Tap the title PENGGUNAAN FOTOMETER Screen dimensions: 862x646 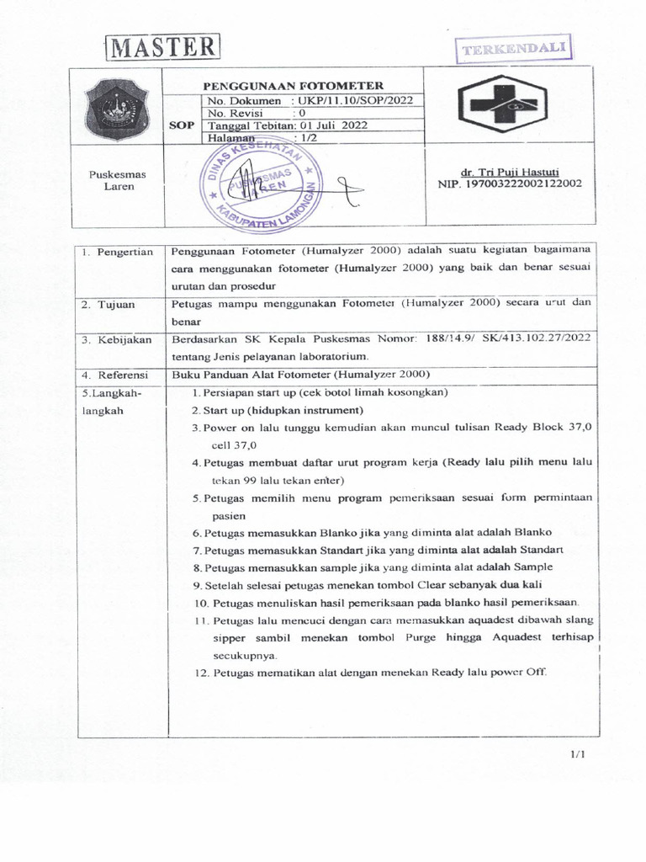tap(289, 86)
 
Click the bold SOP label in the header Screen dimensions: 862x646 tap(182, 125)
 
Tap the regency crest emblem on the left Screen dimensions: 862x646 tap(118, 106)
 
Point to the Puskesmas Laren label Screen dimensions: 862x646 tap(118, 180)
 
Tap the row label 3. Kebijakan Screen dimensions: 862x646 tap(118, 340)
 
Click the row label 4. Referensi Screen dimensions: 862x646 tap(116, 375)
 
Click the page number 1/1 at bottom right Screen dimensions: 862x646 tap(577, 754)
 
